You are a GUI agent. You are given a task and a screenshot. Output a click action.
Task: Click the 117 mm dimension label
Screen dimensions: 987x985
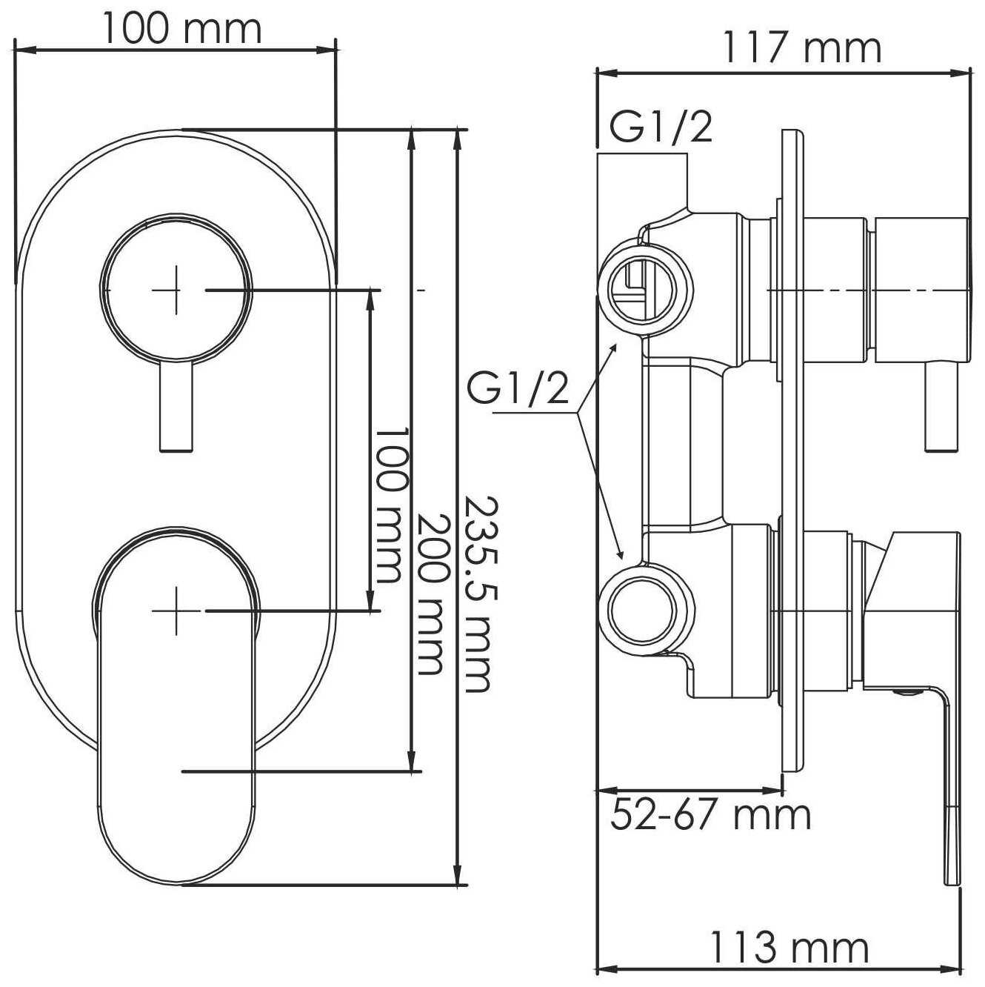click(801, 48)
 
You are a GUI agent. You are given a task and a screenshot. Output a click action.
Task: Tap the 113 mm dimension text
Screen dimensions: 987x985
click(788, 947)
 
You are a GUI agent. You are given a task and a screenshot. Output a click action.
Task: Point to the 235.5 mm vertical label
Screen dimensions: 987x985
click(477, 594)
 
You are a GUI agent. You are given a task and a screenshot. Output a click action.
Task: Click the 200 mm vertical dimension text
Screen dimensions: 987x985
click(430, 594)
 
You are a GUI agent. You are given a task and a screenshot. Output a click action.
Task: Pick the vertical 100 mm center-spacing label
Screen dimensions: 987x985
click(389, 504)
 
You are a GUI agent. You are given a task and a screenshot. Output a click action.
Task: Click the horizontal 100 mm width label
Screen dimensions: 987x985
click(181, 30)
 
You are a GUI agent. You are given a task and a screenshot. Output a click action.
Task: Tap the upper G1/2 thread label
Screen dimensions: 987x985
click(661, 127)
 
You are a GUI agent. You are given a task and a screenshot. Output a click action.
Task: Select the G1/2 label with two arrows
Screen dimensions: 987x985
click(518, 389)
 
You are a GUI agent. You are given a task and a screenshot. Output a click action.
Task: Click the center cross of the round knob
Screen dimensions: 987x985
click(176, 290)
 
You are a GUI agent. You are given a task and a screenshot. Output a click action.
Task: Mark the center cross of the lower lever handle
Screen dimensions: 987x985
click(176, 610)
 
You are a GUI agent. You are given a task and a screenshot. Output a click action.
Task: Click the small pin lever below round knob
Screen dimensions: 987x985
click(176, 408)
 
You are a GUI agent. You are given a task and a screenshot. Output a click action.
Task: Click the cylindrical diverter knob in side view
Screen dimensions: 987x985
click(922, 290)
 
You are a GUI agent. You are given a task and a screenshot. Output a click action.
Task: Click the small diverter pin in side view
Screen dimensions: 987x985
click(941, 408)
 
